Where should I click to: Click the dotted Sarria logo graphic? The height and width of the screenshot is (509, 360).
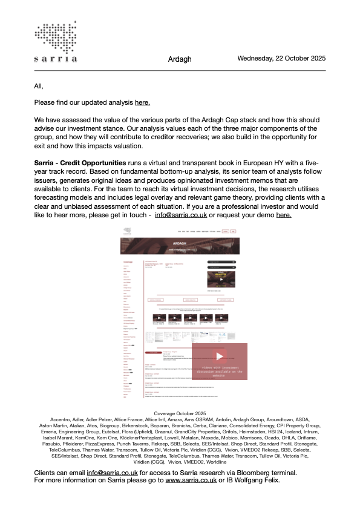tap(56, 36)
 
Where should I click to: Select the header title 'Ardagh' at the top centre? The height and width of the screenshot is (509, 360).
tap(180, 59)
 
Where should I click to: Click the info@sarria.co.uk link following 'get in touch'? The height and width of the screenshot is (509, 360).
tap(180, 215)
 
